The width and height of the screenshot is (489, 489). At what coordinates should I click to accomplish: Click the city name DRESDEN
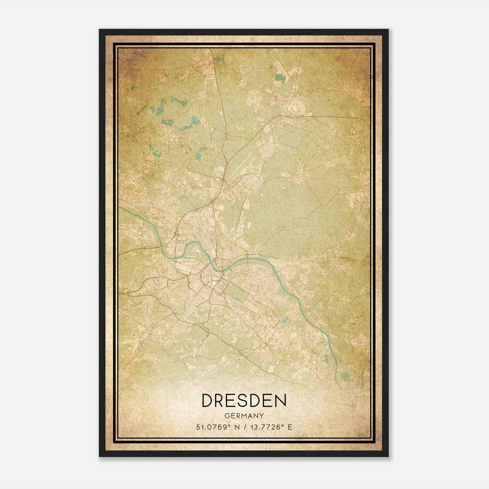tap(244, 400)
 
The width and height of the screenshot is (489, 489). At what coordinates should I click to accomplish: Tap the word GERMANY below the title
tap(244, 416)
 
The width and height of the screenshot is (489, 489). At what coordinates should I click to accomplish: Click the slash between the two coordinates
tap(242, 427)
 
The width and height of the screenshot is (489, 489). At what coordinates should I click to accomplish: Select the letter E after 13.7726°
tap(290, 427)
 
